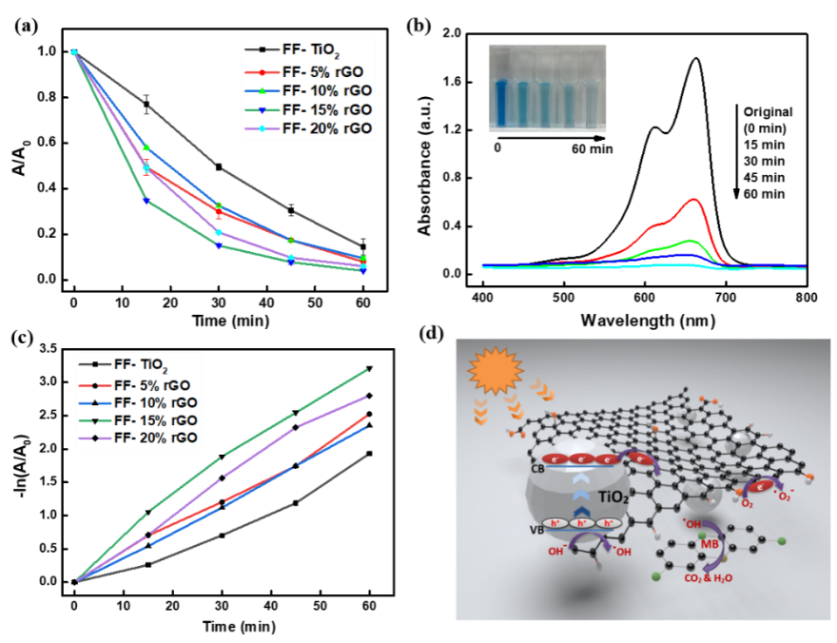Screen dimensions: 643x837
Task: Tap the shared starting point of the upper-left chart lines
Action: [x=73, y=52]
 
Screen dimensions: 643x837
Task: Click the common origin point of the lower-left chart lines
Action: [x=79, y=579]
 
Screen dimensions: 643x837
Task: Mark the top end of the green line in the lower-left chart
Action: [x=366, y=370]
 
